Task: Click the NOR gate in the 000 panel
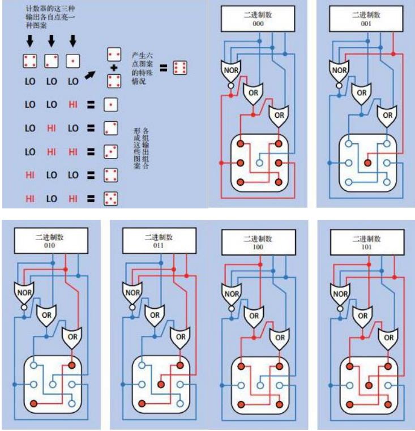[x=229, y=70]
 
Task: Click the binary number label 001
[x=368, y=25]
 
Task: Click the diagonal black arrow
[x=89, y=69]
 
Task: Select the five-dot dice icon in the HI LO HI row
[x=110, y=198]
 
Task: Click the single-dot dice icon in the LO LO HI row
[x=110, y=104]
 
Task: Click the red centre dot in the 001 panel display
[x=368, y=163]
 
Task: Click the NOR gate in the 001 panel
[x=339, y=70]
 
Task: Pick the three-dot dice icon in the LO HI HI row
[x=110, y=151]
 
